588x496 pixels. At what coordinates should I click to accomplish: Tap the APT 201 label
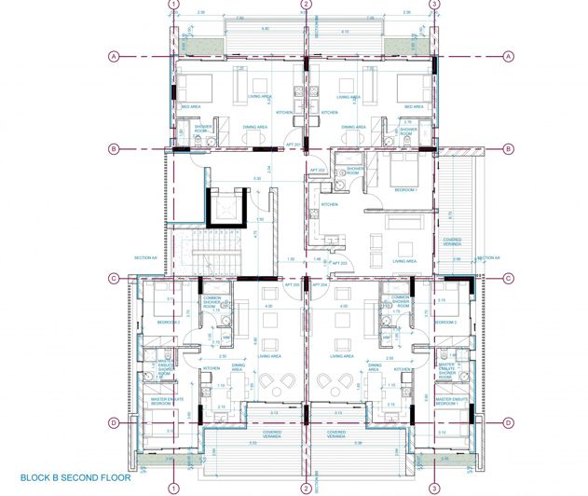pos(293,145)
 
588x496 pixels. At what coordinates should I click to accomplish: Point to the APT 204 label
pos(332,286)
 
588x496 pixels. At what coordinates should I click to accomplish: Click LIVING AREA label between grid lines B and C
pos(404,262)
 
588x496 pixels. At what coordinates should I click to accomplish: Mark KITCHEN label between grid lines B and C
pos(329,204)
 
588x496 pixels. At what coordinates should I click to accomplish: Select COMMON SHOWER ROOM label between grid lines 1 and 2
pos(211,300)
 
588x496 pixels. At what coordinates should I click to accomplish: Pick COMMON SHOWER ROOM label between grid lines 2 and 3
pos(401,300)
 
